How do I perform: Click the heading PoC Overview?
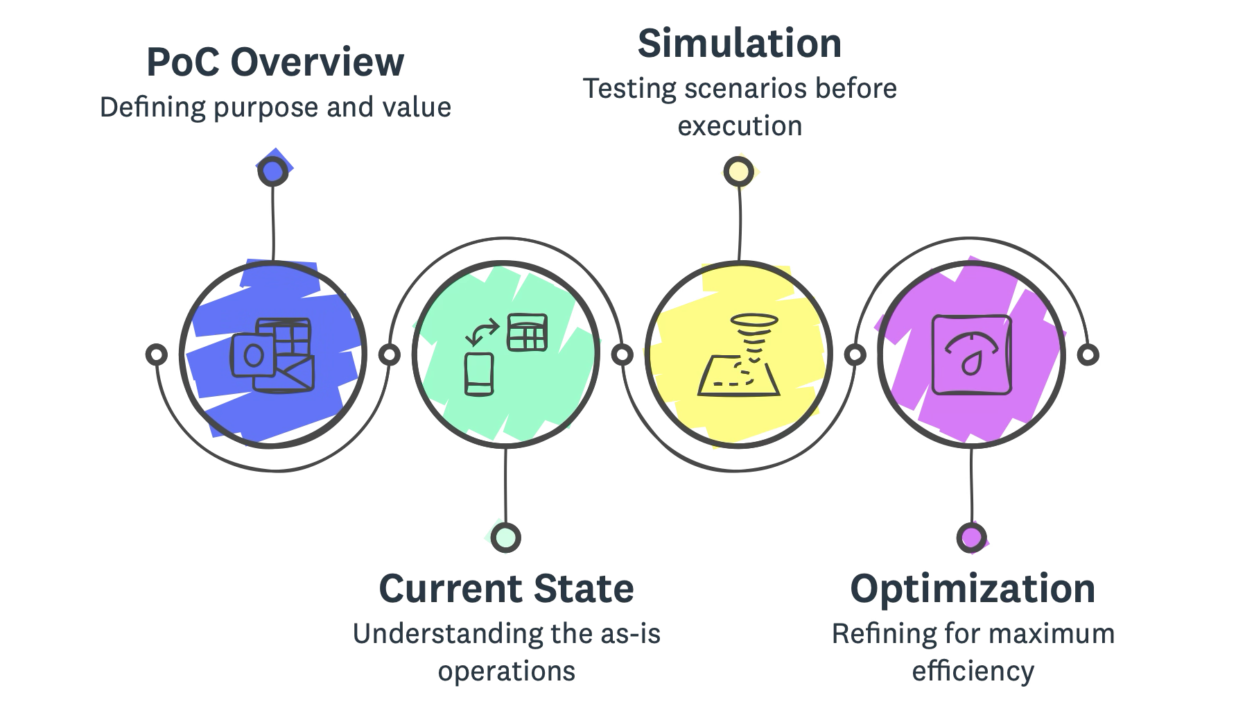coord(275,63)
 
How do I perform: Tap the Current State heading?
coord(506,588)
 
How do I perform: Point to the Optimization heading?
coord(973,588)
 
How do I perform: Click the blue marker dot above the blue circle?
coord(272,171)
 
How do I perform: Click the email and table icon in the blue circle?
coord(273,354)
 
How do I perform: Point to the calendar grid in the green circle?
coord(528,332)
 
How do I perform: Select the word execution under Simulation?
coord(740,126)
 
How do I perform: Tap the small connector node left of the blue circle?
coord(157,354)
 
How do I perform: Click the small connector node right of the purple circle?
coord(1090,354)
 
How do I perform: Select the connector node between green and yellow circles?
coord(623,354)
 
